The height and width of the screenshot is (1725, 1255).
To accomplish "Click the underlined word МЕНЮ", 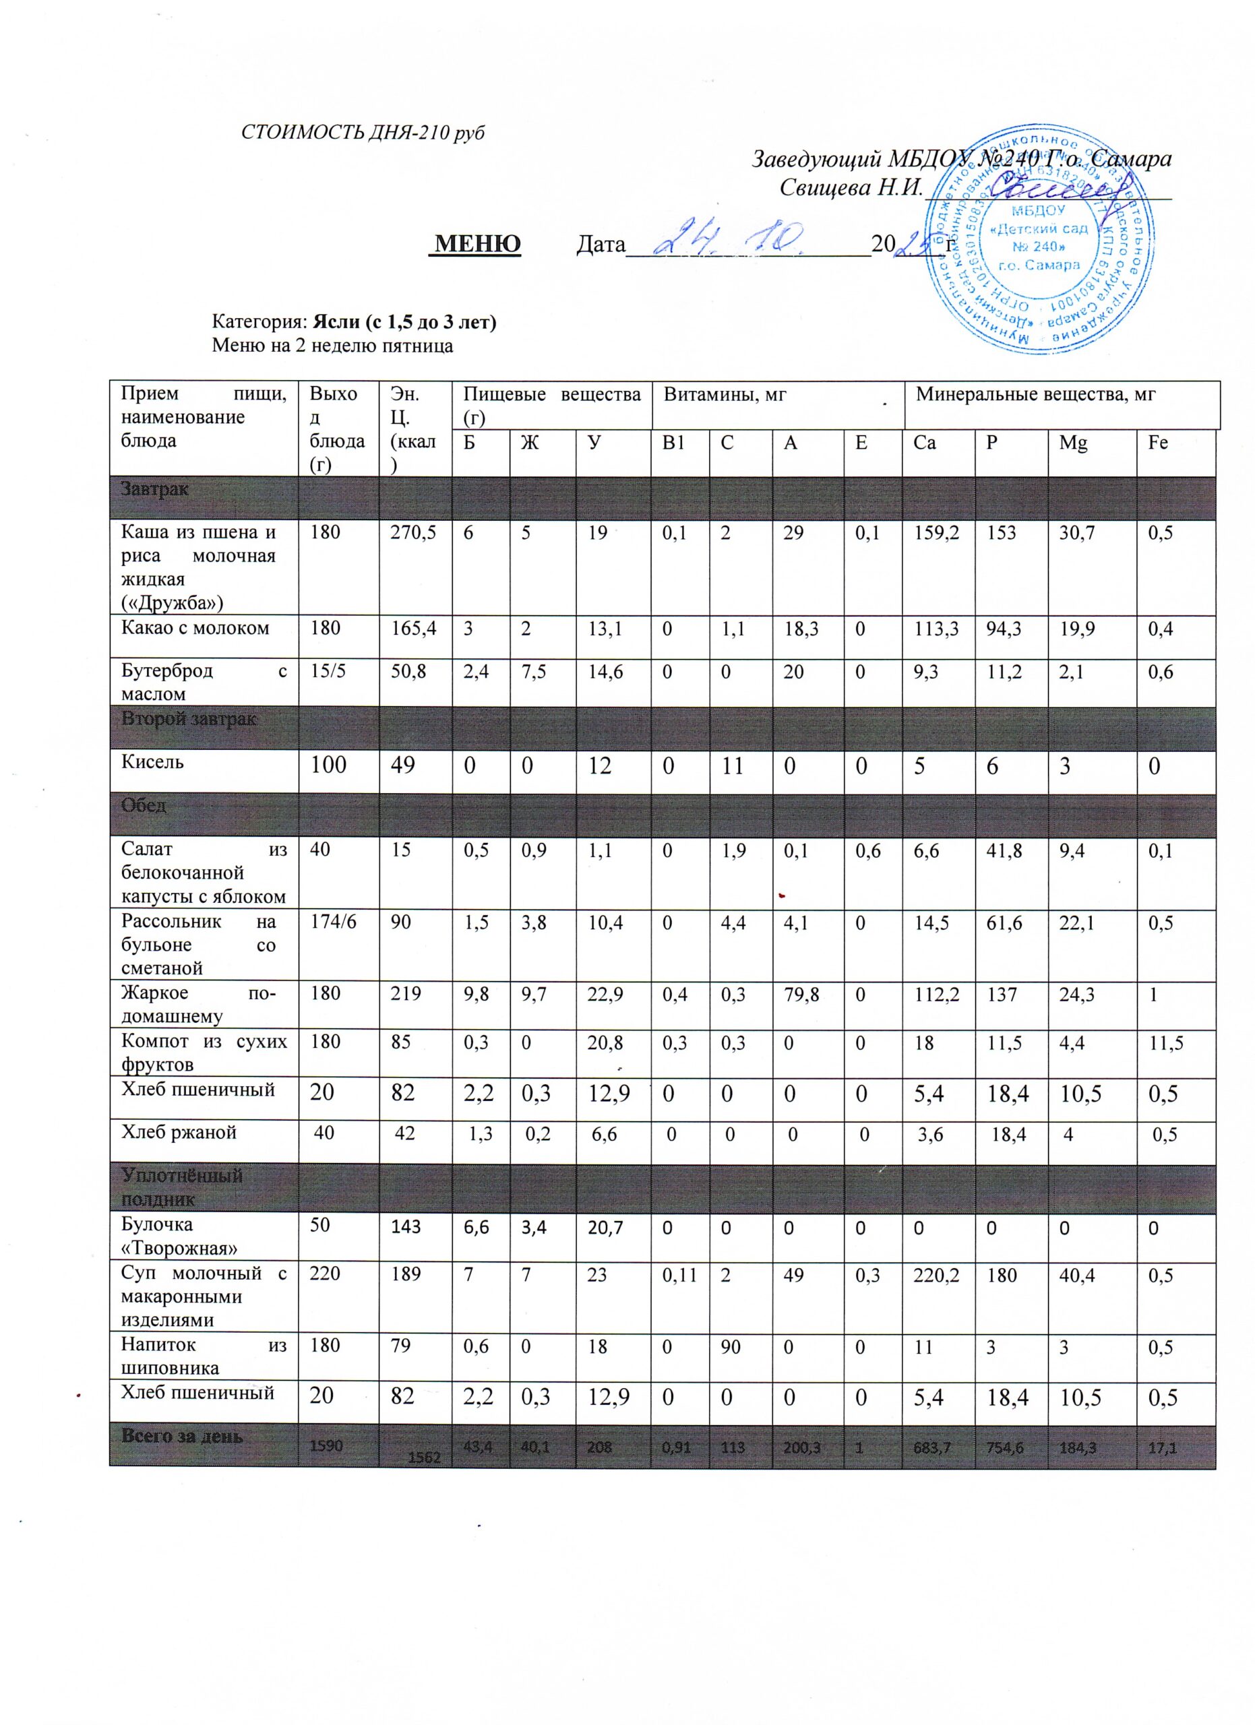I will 475,243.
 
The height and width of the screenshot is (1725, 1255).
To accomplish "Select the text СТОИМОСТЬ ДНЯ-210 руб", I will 363,132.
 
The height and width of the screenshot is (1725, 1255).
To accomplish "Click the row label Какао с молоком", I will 195,628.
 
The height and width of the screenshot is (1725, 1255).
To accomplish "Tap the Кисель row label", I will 153,762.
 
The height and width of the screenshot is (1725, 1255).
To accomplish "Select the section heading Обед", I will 144,805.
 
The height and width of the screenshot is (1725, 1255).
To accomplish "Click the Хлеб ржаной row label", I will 179,1133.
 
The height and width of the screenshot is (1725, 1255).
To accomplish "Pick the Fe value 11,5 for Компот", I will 1165,1043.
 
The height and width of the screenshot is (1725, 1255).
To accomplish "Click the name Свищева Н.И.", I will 851,187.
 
